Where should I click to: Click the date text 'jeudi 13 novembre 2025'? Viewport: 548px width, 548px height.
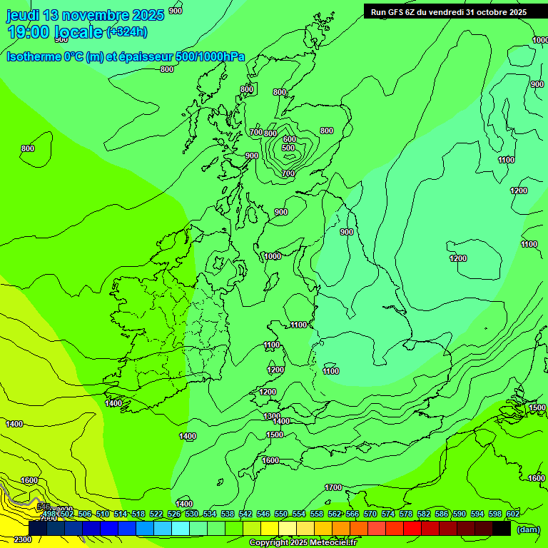pyautogui.click(x=86, y=15)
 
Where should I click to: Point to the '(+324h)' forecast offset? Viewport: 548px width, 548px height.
pyautogui.click(x=127, y=31)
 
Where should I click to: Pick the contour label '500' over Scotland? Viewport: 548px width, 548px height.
pyautogui.click(x=288, y=148)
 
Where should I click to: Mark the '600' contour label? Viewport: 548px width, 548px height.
pyautogui.click(x=290, y=139)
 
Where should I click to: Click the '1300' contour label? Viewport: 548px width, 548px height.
pyautogui.click(x=272, y=416)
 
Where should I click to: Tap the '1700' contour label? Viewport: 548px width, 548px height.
pyautogui.click(x=333, y=487)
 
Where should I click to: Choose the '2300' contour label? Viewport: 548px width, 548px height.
pyautogui.click(x=22, y=539)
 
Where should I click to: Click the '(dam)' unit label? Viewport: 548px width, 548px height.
pyautogui.click(x=527, y=529)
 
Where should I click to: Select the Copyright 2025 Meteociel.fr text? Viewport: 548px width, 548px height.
pyautogui.click(x=303, y=543)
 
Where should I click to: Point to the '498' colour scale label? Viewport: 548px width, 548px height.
pyautogui.click(x=49, y=514)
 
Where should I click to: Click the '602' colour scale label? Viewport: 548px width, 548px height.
pyautogui.click(x=513, y=514)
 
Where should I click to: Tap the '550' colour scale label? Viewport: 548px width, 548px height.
pyautogui.click(x=281, y=514)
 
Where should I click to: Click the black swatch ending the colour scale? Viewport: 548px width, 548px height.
pyautogui.click(x=502, y=528)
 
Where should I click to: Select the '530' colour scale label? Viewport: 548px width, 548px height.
pyautogui.click(x=192, y=514)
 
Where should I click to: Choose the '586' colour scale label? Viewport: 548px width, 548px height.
pyautogui.click(x=442, y=514)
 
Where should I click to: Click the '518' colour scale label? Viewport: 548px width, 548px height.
pyautogui.click(x=138, y=514)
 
